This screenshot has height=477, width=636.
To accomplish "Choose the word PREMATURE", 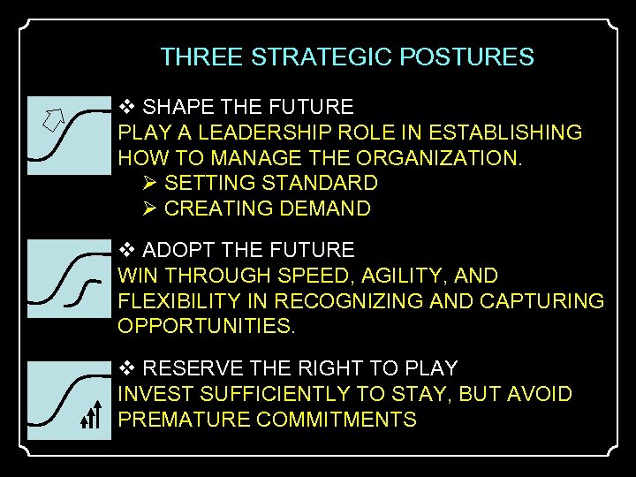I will [184, 420].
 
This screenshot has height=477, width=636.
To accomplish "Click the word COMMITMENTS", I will [337, 420].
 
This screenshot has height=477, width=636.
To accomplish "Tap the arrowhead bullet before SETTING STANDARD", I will [148, 183].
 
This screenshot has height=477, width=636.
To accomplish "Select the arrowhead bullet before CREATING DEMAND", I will [148, 208].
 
